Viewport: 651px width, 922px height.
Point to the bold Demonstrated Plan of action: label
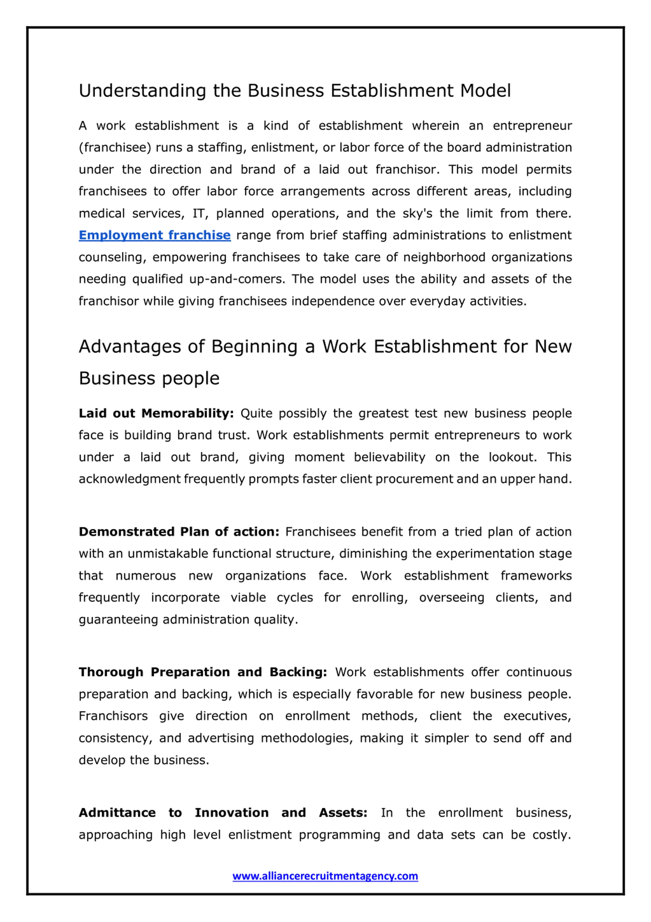pyautogui.click(x=179, y=532)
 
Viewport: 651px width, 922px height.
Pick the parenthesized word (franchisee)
pyautogui.click(x=115, y=148)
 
